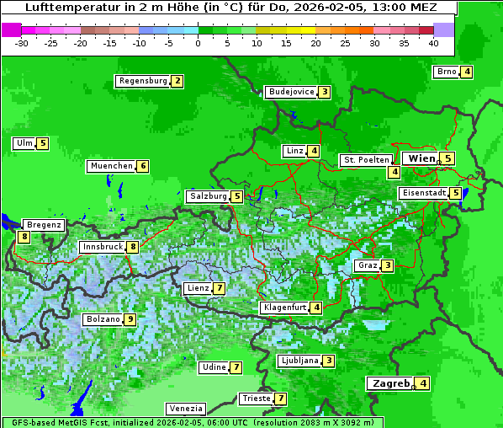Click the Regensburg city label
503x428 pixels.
(142, 81)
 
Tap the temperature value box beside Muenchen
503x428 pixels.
(143, 166)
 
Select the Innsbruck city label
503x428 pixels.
(101, 247)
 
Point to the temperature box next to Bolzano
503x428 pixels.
(130, 319)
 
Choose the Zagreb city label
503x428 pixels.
(389, 383)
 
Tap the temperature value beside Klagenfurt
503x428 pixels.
(315, 308)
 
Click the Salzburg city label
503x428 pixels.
(208, 196)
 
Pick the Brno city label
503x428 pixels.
(446, 72)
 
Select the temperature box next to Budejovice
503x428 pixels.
(324, 92)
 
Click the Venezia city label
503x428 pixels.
(185, 409)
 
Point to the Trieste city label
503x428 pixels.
(255, 399)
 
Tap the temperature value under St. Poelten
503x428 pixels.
(394, 172)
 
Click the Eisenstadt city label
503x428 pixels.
(423, 193)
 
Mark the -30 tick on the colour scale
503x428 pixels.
(22, 42)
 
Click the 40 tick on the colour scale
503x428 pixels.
(433, 42)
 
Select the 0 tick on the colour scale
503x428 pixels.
(199, 42)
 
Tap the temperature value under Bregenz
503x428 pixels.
(24, 237)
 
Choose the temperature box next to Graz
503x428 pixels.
(387, 265)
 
